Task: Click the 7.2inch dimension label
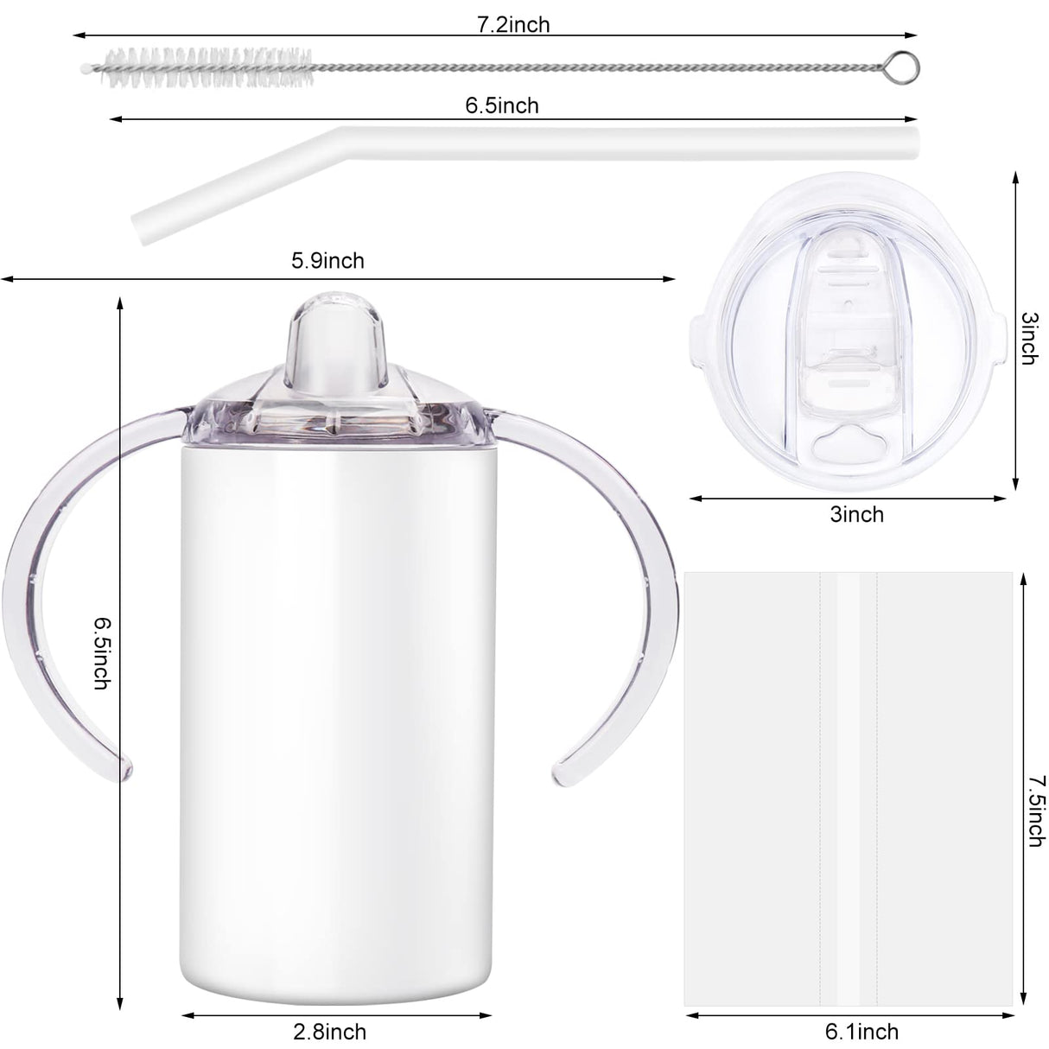pos(513,24)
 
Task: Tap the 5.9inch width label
pos(327,260)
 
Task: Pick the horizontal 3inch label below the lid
pos(856,514)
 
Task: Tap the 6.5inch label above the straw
pos(501,105)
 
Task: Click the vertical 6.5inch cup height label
pos(102,652)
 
